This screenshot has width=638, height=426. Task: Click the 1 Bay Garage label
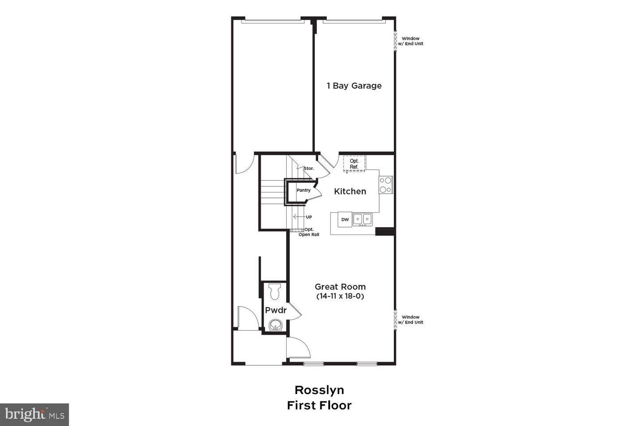tap(354, 86)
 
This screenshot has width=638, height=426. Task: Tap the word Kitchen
tap(350, 191)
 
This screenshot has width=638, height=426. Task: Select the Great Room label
tap(340, 287)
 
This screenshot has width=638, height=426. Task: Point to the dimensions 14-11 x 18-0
tap(340, 296)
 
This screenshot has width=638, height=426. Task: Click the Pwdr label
tap(276, 310)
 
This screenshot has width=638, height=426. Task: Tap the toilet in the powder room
tap(275, 291)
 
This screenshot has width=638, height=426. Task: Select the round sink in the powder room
tap(276, 325)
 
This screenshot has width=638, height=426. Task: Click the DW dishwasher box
tap(345, 220)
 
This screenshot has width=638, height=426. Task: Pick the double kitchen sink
tap(362, 219)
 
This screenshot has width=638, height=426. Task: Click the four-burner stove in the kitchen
tap(385, 185)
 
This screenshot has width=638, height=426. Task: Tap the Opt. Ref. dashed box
tap(354, 164)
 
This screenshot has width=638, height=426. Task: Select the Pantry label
tap(303, 190)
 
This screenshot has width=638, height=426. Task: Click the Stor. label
tap(309, 169)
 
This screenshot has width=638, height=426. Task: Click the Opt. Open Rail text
tap(309, 232)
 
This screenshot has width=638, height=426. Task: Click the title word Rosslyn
tap(319, 390)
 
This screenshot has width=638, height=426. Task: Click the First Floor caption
tap(319, 405)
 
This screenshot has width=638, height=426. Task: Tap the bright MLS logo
tap(34, 414)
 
